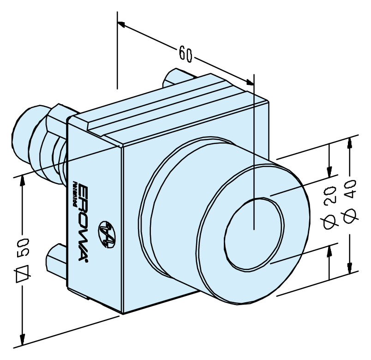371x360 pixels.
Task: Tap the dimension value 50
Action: click(23, 247)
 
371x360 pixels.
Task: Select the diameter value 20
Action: click(329, 194)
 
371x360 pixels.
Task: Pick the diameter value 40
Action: click(350, 188)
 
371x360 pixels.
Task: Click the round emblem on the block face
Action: click(107, 234)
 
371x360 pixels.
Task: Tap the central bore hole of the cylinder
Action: click(254, 234)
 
